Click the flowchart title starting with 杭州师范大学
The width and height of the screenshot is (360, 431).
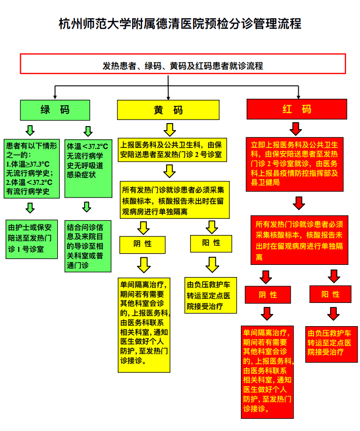click(180, 24)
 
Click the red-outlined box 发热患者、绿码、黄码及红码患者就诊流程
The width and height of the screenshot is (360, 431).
click(183, 65)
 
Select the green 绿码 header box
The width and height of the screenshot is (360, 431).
click(55, 109)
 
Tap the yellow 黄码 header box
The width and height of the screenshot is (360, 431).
click(168, 110)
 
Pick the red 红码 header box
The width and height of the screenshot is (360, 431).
click(297, 109)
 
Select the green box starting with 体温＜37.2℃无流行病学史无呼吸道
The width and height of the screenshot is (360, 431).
click(88, 168)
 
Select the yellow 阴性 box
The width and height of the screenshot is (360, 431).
click(143, 244)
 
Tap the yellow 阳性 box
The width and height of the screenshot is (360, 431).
click(211, 243)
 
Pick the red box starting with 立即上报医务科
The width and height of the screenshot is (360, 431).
click(297, 163)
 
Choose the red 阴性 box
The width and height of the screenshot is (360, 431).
click(268, 294)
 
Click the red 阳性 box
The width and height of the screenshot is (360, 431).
click(331, 294)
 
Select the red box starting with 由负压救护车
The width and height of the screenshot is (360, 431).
click(332, 344)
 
